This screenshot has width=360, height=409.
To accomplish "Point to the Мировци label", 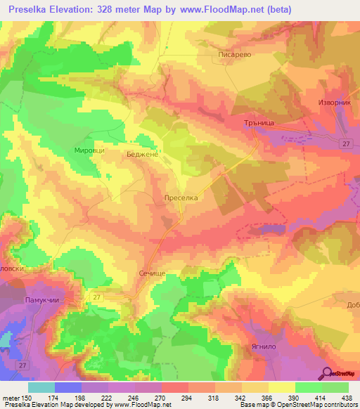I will [89, 150].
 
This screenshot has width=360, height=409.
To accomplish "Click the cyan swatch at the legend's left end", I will [41, 387].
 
